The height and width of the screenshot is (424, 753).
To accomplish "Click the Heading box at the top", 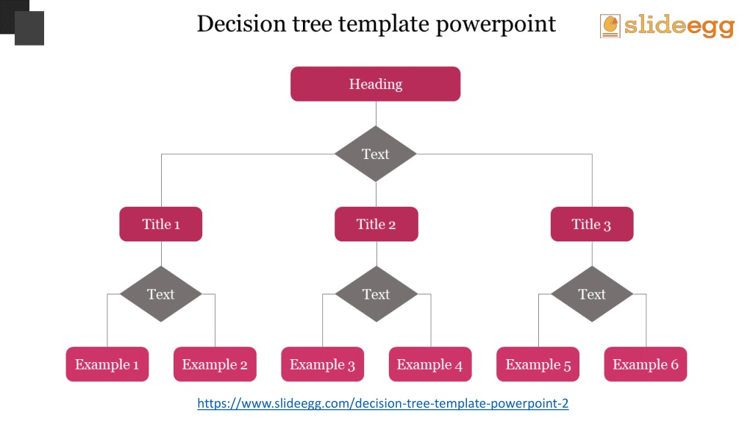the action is [x=376, y=84].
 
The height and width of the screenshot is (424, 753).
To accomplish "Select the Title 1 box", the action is [x=161, y=224].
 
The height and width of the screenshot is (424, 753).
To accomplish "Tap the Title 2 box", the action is [x=376, y=224].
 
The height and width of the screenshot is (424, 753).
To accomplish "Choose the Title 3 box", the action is [x=592, y=224].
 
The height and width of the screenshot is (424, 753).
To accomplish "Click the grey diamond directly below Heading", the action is [x=376, y=154].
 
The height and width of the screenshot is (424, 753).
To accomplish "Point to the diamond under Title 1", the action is [x=161, y=294].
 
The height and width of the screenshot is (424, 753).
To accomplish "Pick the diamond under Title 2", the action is [x=376, y=294].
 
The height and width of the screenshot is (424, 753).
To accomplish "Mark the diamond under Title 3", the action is [x=592, y=294].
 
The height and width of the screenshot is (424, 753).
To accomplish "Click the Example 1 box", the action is [x=107, y=364].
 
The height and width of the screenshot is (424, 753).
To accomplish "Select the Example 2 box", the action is [x=215, y=364].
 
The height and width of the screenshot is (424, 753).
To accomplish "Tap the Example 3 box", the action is [x=322, y=364].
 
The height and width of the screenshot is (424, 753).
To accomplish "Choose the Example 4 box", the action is [x=429, y=364].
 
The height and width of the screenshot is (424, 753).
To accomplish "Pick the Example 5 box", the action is [x=538, y=364].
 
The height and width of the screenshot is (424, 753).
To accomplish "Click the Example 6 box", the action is [x=646, y=364].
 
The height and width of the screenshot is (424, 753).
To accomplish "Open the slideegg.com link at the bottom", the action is [x=382, y=403].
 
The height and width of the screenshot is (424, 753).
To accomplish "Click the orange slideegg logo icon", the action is [x=610, y=26].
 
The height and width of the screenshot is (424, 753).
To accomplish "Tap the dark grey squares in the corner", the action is [x=22, y=23].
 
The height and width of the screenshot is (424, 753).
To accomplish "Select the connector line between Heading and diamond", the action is [x=376, y=114].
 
